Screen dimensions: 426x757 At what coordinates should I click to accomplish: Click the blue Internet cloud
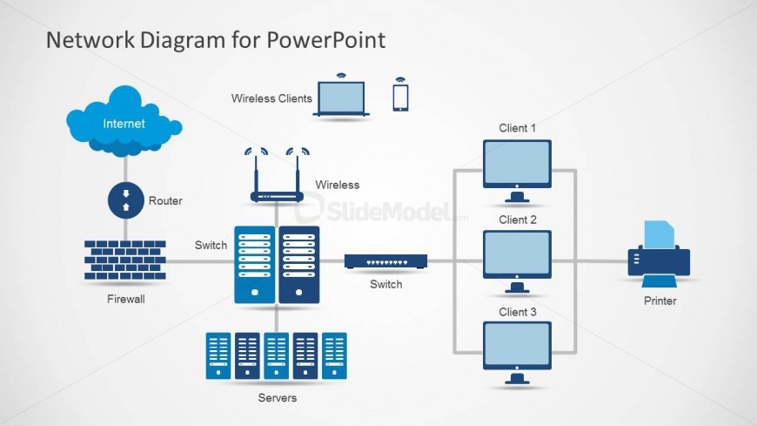124,125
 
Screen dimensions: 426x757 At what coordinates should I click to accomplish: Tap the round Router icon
124,200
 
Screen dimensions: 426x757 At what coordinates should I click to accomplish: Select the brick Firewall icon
125,260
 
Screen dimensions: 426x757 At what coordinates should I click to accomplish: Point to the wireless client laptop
342,98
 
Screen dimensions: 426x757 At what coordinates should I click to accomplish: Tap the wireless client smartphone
400,95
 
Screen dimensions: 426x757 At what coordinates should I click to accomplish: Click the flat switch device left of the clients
385,260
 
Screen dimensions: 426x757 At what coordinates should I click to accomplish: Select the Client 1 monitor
517,164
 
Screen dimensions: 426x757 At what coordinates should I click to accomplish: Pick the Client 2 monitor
517,254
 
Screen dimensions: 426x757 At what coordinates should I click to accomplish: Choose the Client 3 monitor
517,346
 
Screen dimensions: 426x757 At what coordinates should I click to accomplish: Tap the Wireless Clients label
271,98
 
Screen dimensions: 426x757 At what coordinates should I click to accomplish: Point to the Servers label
278,398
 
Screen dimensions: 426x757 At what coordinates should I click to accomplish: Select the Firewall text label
125,300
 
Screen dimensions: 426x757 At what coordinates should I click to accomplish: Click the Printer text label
660,301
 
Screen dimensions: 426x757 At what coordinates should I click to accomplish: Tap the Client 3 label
517,312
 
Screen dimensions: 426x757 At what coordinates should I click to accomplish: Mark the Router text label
165,201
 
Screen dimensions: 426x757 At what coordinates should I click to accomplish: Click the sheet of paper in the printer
659,234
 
